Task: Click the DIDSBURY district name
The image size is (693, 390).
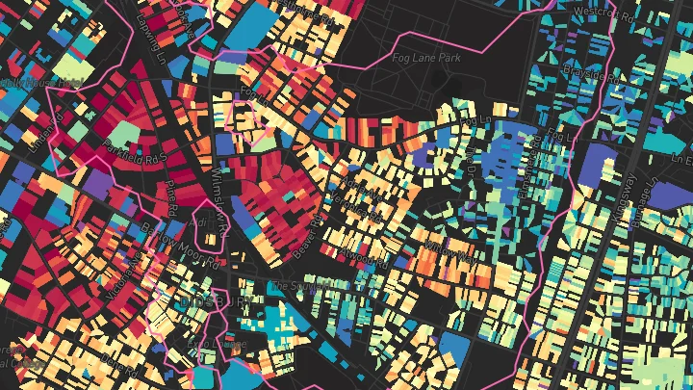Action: [x=215, y=302]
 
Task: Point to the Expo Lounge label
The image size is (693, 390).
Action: [x=217, y=344]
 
